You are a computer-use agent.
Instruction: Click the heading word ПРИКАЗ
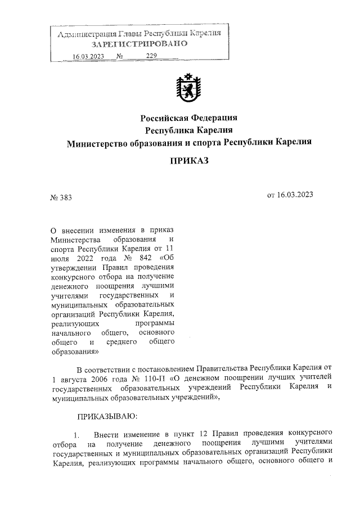189,161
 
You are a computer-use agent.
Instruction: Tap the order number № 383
61,197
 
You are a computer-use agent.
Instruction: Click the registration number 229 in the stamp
151,56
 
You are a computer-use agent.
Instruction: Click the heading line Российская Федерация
189,118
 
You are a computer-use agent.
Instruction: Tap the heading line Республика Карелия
189,130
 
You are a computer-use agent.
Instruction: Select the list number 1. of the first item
78,435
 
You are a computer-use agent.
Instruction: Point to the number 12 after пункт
204,434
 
